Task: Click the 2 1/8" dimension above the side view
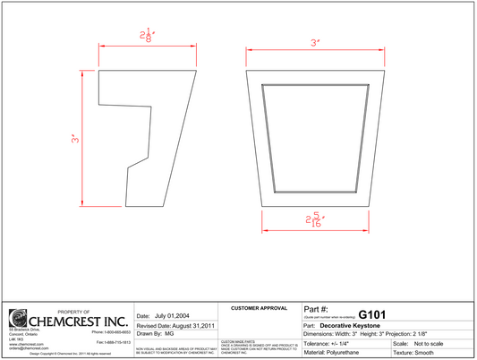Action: (x=146, y=36)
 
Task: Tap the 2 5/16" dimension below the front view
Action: (x=314, y=220)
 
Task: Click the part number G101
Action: (x=371, y=314)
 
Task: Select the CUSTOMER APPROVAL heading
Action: (x=258, y=308)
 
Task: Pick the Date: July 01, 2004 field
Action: (x=163, y=316)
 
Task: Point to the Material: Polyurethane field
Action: (x=340, y=353)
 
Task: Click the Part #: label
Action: (x=317, y=308)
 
